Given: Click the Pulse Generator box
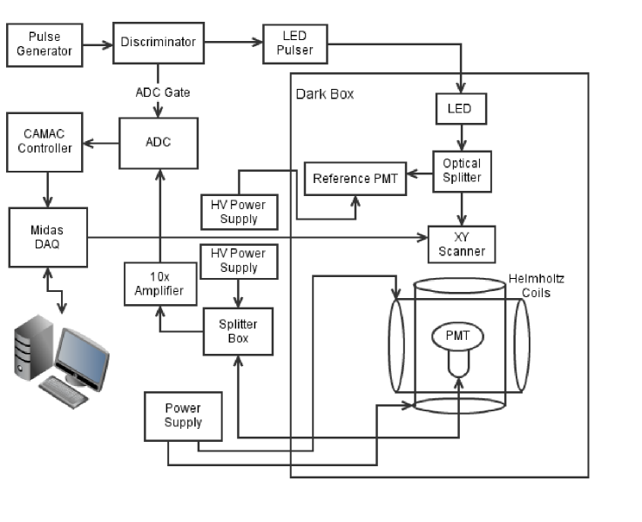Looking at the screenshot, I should click(x=44, y=45).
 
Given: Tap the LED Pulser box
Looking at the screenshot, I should click(x=294, y=45).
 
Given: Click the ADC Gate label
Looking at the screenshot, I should click(x=158, y=91).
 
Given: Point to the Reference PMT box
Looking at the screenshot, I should click(x=355, y=180).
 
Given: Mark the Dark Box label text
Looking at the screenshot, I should click(x=325, y=93).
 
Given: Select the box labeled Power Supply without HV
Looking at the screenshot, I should click(x=183, y=416).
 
